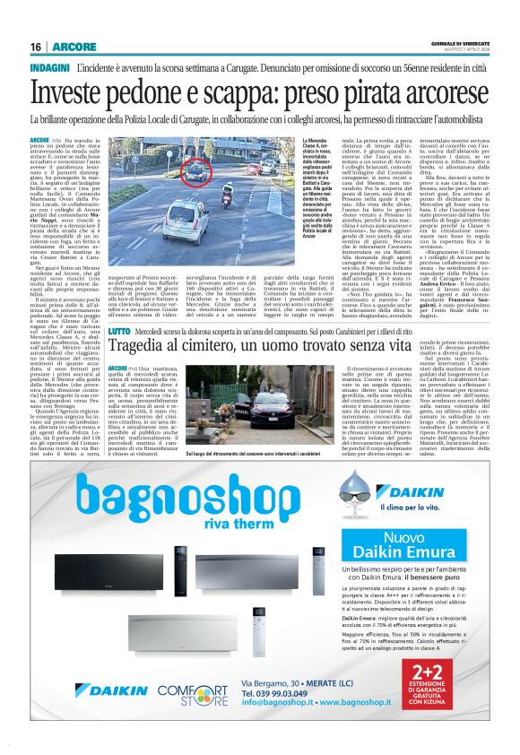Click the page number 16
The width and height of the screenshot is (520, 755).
[35, 47]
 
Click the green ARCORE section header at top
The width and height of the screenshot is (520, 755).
[67, 47]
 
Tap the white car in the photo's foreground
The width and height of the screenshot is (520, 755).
[183, 219]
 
